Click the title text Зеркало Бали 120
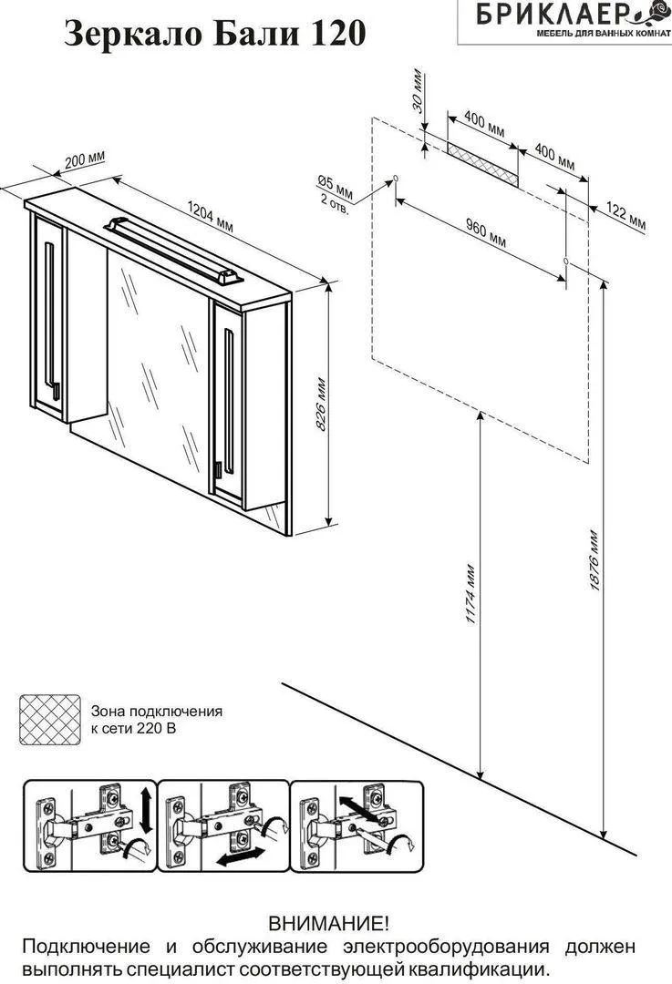[x=215, y=34]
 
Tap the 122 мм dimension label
[x=625, y=217]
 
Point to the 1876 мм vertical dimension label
[x=594, y=559]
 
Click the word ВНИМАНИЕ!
[x=328, y=926]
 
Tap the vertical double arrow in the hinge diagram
[x=143, y=810]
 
